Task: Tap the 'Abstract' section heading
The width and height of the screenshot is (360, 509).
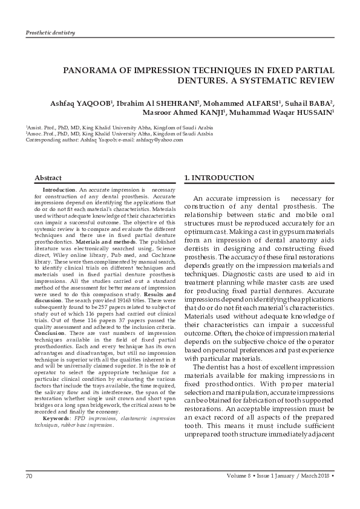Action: coord(48,178)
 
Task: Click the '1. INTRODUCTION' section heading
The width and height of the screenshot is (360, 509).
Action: coord(218,178)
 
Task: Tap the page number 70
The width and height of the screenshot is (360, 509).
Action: coord(29,477)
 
